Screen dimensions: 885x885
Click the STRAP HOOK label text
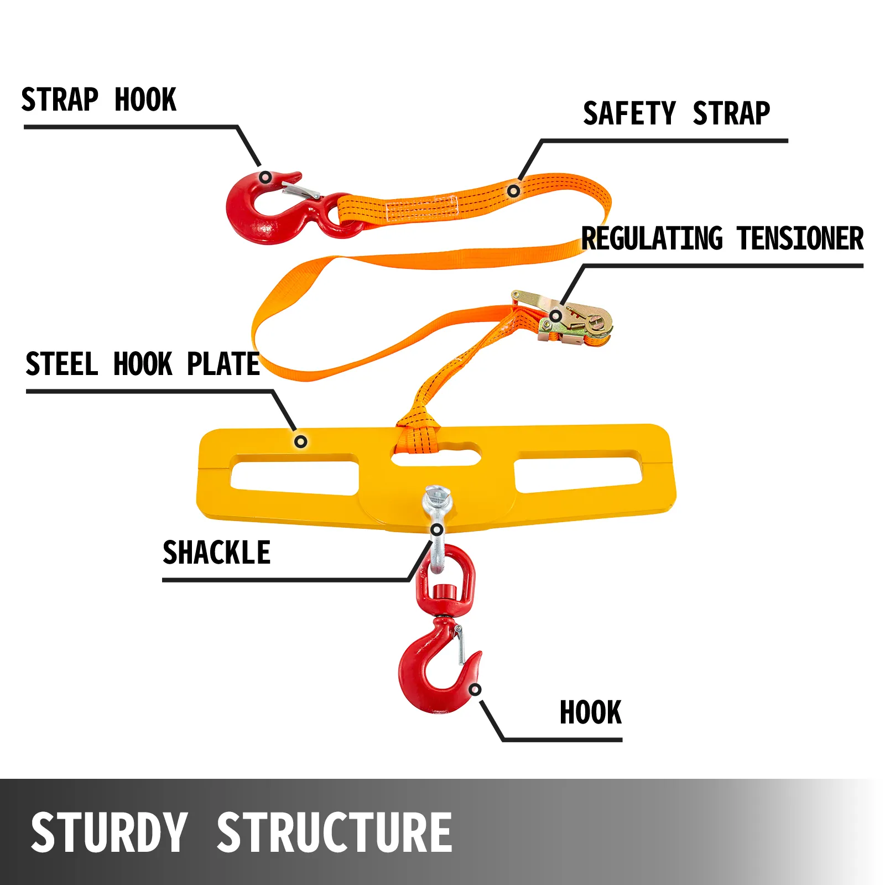coord(98,100)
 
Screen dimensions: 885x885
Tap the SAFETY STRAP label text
coord(676,114)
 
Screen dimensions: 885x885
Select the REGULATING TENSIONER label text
coord(722,239)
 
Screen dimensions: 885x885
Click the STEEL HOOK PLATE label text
coord(142,365)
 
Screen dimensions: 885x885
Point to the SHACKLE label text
coord(216,553)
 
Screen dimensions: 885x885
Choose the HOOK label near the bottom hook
coord(590,712)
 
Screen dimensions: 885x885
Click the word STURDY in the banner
coord(109,832)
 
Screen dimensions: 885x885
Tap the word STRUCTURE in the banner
coord(334,832)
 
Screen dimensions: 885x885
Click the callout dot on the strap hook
coord(265,178)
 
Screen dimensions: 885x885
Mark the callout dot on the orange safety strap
coord(513,191)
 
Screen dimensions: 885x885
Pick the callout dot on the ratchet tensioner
coord(555,316)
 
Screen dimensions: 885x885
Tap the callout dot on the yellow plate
coord(300,441)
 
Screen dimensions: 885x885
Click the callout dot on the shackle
coord(436,530)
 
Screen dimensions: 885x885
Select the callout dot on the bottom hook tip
coord(475,690)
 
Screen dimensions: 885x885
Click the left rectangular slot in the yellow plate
coord(295,474)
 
